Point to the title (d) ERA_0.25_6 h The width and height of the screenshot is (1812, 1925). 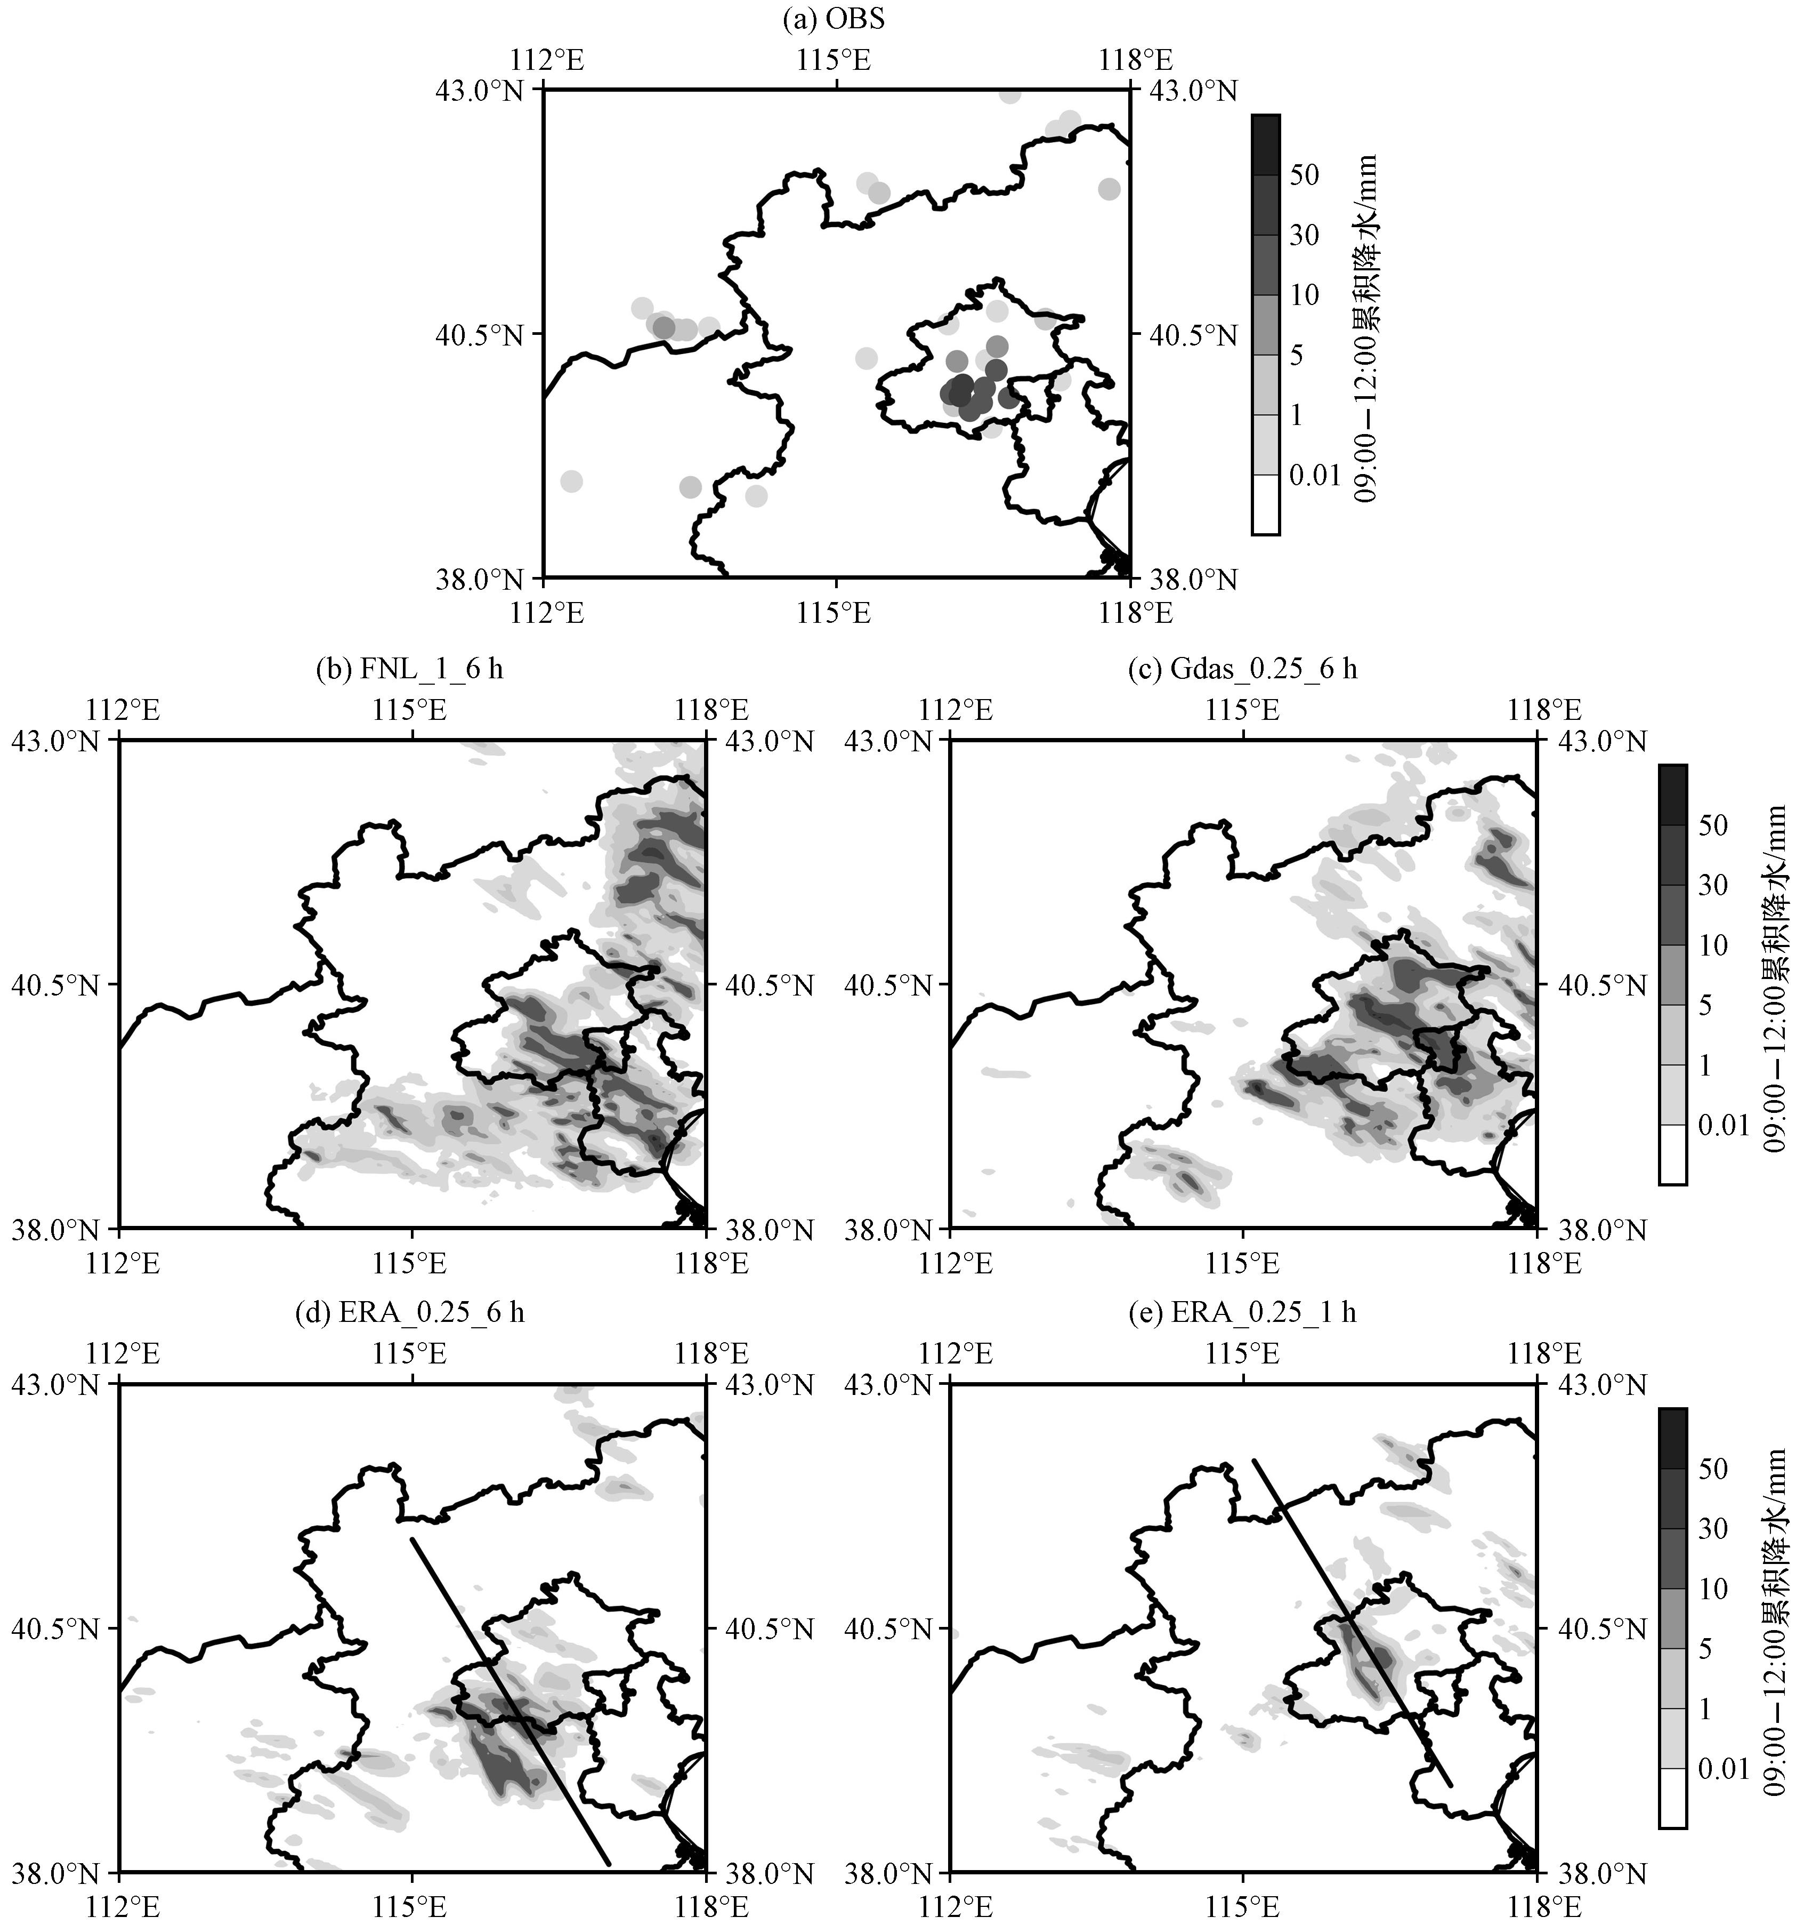point(410,1313)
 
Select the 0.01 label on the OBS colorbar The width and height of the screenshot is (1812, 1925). point(1315,476)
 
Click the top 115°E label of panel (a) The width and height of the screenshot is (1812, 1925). point(835,61)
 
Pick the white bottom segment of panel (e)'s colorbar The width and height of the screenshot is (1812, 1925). point(1672,1798)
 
